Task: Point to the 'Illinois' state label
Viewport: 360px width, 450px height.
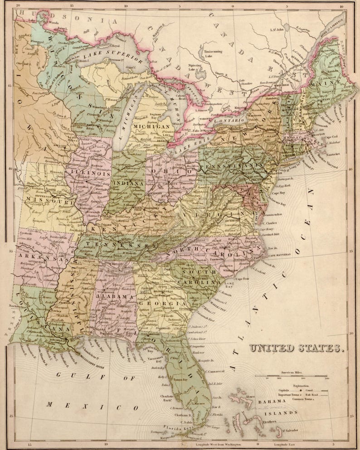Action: tap(94, 173)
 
